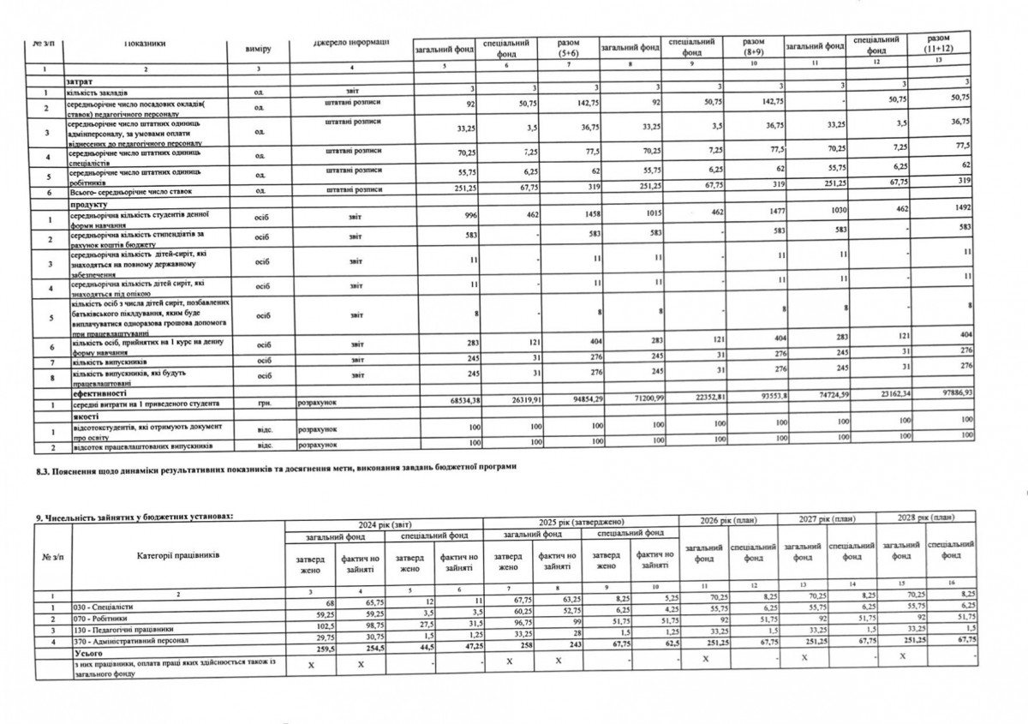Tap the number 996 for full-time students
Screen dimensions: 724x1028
tap(466, 215)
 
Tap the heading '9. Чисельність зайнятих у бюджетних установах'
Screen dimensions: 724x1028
tap(133, 516)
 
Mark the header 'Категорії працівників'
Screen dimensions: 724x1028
tap(177, 554)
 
